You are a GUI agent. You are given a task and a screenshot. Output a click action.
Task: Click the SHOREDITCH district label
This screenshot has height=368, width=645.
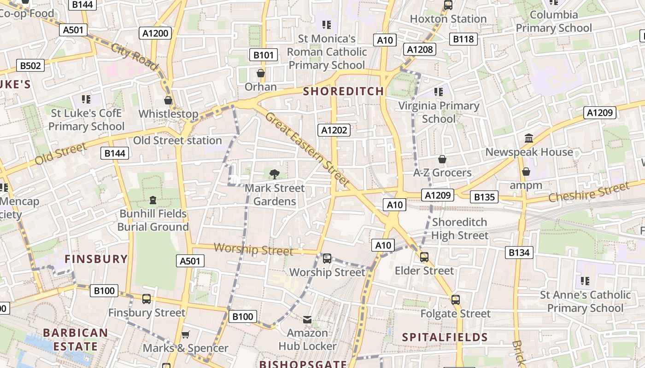coord(344,91)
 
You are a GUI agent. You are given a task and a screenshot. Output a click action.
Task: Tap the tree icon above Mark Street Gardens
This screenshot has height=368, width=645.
coord(275,174)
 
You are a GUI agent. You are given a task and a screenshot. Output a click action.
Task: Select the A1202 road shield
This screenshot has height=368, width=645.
coord(334,130)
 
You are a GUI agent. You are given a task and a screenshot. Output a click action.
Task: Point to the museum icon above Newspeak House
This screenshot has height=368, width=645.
coord(529,138)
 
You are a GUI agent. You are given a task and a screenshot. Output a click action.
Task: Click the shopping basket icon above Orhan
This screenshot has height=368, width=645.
coord(261,73)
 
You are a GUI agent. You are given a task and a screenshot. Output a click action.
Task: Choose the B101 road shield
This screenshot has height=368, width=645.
coord(264,55)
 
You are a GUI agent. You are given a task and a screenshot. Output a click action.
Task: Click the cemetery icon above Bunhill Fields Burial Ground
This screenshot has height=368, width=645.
coord(153,200)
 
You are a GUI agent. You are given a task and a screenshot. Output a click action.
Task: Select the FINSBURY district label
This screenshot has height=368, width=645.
coord(96,259)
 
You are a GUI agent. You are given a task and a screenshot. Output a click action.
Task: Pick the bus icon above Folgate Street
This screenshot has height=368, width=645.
coord(456,300)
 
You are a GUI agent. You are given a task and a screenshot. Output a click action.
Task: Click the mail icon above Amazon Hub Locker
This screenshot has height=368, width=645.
coord(307,319)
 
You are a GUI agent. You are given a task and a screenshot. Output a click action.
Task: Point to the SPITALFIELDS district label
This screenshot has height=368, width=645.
coord(445,337)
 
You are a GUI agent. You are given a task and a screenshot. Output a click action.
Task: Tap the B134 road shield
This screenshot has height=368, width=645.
coord(519,252)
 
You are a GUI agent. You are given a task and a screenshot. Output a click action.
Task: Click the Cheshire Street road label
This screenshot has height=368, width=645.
coord(588,192)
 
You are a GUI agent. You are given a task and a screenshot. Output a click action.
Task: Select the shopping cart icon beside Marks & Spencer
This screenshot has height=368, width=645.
coord(186,335)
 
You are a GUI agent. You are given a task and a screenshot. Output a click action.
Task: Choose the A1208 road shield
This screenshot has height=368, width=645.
coord(420,49)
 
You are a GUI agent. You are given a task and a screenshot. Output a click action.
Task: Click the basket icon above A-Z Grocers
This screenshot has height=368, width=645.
coord(442,159)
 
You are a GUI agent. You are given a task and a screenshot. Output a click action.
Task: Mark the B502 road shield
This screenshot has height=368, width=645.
coord(30,65)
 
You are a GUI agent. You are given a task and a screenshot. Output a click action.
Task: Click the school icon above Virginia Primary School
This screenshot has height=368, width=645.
coord(439,92)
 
